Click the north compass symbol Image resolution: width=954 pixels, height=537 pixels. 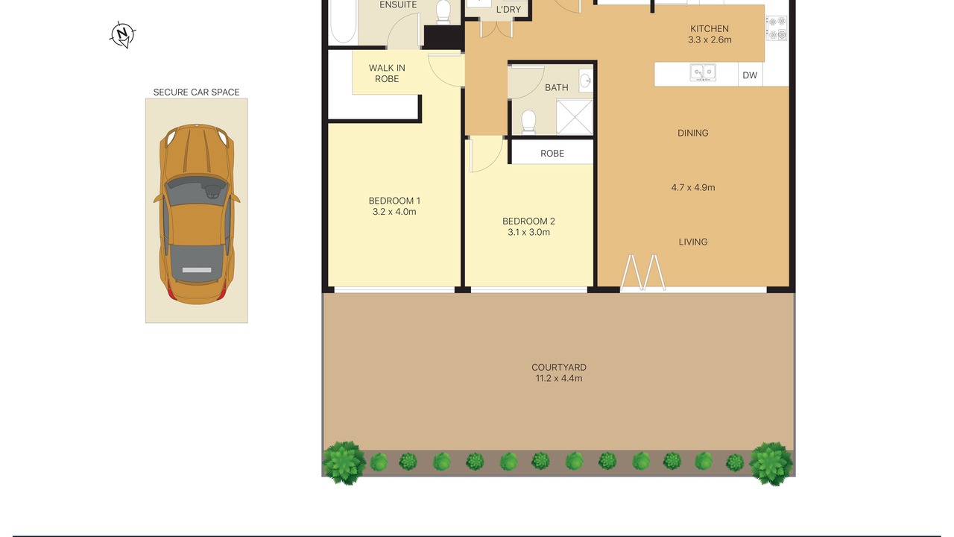click(123, 35)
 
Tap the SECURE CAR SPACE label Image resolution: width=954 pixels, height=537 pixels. click(196, 92)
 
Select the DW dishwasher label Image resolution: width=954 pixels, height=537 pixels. click(750, 75)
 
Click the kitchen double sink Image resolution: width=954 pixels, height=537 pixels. click(703, 72)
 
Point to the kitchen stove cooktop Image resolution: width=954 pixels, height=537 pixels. click(777, 28)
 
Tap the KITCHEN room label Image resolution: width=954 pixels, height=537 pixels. click(710, 29)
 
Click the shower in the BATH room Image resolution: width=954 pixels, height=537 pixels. click(574, 117)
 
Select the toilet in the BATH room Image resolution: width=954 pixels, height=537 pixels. click(528, 122)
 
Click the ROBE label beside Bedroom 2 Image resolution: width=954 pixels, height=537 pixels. click(552, 154)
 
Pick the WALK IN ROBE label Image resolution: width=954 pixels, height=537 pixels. click(387, 73)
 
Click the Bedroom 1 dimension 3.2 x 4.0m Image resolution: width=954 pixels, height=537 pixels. click(394, 212)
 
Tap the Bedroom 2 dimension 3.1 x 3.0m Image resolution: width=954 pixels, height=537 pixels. click(528, 232)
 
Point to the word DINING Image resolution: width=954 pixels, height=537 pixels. click(693, 133)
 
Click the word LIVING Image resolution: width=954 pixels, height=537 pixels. click(693, 242)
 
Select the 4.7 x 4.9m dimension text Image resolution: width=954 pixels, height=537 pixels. click(693, 187)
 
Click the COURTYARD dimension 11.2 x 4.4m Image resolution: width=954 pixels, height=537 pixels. click(559, 378)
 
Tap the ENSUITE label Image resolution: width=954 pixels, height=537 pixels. click(398, 5)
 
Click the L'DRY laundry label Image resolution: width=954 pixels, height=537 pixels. click(508, 10)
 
